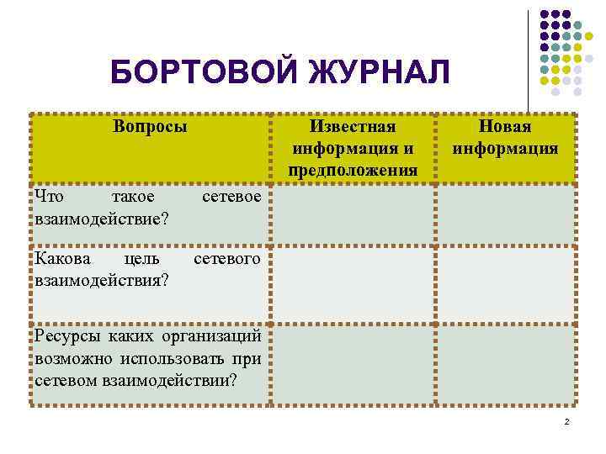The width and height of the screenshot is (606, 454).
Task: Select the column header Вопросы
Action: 151,127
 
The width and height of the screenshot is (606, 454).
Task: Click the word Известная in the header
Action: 353,127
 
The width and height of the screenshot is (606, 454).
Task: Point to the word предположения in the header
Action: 353,171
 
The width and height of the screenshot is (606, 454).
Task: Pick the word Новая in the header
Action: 505,127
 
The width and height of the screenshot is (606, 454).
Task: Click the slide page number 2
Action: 567,421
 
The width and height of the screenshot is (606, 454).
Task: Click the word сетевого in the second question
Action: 227,260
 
